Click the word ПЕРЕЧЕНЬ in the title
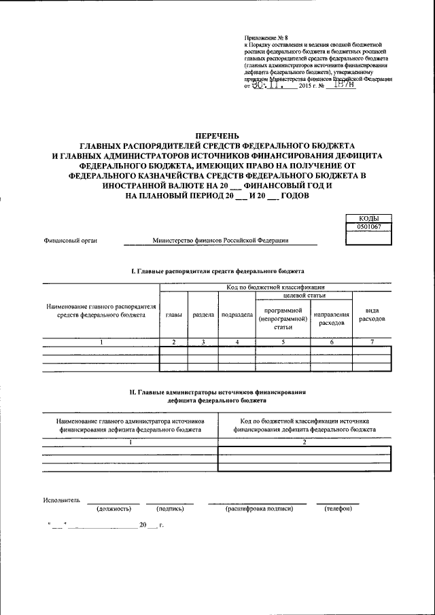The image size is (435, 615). tap(217, 137)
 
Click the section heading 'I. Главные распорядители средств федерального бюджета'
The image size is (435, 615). tap(217, 271)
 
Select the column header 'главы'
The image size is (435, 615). tap(173, 315)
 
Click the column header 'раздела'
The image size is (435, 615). tap(203, 315)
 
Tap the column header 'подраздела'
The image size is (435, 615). tap(237, 315)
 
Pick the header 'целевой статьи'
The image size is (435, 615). tap(304, 296)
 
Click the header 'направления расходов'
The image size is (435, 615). tap(332, 319)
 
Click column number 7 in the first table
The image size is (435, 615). tap(372, 342)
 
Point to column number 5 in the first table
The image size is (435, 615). tap(283, 342)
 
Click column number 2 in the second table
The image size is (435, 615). tap(304, 442)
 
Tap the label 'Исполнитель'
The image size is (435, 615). tap(62, 500)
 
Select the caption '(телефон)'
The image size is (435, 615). tap(338, 508)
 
